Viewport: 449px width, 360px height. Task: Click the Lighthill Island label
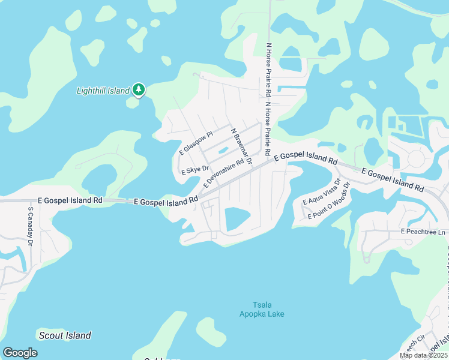pos(103,91)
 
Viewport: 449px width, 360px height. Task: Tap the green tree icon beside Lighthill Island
pos(139,90)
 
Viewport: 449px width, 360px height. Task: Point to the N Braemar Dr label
pos(241,146)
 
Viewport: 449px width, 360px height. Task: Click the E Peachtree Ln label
pos(424,232)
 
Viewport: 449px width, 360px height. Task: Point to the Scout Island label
pos(65,335)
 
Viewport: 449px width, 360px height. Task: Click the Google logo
pos(20,353)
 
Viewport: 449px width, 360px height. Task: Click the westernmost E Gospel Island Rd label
pos(70,200)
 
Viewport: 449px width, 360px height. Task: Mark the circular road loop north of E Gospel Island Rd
pos(414,159)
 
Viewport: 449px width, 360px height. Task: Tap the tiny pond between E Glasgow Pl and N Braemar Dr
pos(224,150)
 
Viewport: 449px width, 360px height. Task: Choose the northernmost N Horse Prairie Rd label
pos(268,70)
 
